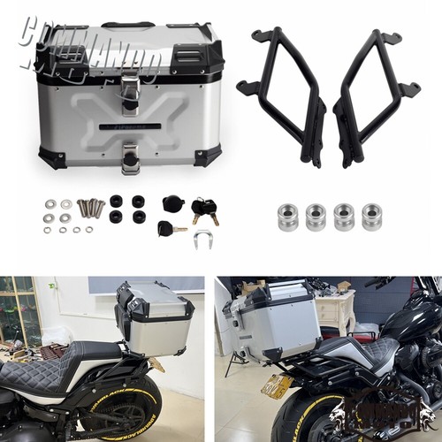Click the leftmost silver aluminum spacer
coord(287,217)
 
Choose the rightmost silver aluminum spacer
coord(371,217)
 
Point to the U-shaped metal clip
coord(203,238)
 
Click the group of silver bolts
coord(91,208)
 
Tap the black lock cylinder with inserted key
coord(168,228)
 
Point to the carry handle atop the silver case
coord(127,26)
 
